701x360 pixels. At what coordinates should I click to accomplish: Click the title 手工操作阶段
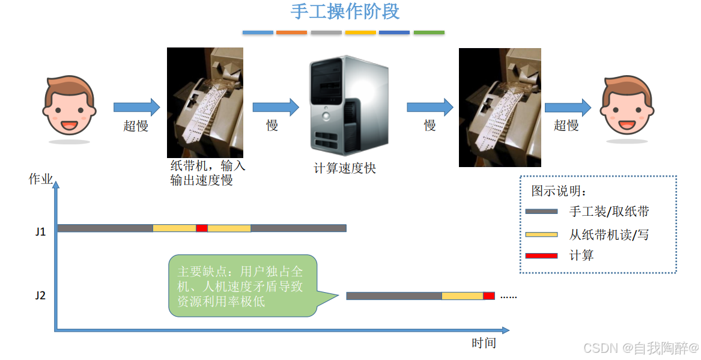point(345,11)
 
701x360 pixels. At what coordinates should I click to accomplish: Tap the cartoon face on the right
point(627,105)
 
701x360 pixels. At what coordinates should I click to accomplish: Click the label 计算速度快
point(345,168)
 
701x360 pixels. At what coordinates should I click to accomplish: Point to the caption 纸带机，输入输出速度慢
point(207,172)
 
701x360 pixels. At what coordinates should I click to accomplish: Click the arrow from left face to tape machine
point(136,107)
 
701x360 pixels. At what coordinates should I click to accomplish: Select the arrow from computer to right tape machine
point(429,107)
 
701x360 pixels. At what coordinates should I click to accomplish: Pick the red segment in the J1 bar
point(202,228)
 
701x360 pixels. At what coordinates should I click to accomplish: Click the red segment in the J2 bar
point(489,296)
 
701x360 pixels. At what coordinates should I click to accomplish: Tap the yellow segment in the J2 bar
point(462,296)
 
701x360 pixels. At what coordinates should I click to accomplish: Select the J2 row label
point(40,296)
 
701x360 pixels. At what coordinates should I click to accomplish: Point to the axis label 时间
point(484,343)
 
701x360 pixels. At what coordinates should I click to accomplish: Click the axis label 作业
point(40,179)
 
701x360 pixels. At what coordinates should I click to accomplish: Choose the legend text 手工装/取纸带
point(609,212)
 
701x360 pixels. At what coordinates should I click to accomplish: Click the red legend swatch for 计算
point(541,256)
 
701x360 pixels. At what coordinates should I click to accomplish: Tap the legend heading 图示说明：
point(559,191)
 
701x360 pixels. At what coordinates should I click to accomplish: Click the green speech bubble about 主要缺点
point(243,285)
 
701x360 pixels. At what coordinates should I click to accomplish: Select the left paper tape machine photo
point(205,102)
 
